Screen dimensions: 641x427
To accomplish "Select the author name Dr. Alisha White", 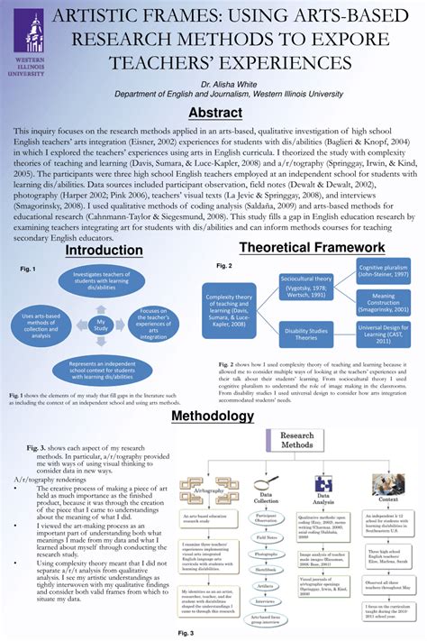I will click(213, 82).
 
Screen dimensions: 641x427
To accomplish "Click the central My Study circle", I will click(102, 325).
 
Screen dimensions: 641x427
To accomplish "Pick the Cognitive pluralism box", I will click(383, 273).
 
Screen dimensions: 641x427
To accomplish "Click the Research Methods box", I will click(296, 440).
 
